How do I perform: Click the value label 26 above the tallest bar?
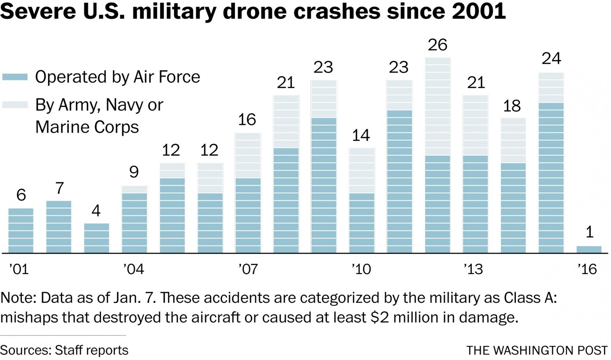437,45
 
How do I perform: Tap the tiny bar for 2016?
589,249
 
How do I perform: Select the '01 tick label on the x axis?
19,269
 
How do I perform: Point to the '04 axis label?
133,269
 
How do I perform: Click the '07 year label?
248,269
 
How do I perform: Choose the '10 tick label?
361,269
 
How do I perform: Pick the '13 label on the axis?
473,269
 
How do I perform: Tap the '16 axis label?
587,269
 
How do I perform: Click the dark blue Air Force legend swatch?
15,77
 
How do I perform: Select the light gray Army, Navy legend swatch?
15,105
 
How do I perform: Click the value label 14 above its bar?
361,136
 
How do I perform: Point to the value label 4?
96,211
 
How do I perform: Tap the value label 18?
512,106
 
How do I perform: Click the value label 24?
551,59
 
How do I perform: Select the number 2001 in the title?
478,11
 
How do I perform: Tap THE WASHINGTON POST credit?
537,350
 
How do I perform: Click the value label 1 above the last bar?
590,232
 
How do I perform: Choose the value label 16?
247,120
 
